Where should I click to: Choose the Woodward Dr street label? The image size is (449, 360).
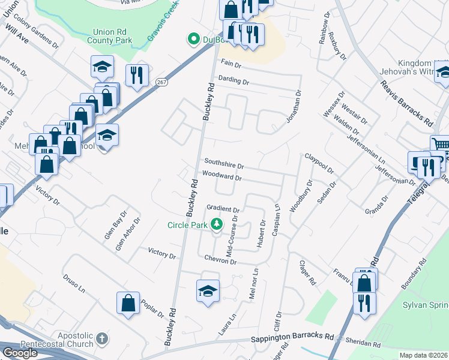pyautogui.click(x=221, y=177)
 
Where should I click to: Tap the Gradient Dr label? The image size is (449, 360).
pyautogui.click(x=223, y=209)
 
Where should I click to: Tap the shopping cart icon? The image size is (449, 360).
pyautogui.click(x=441, y=145)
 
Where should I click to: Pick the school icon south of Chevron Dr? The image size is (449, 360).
pyautogui.click(x=207, y=291)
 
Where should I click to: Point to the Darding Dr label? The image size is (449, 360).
pyautogui.click(x=234, y=80)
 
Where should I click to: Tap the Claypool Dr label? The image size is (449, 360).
pyautogui.click(x=319, y=163)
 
